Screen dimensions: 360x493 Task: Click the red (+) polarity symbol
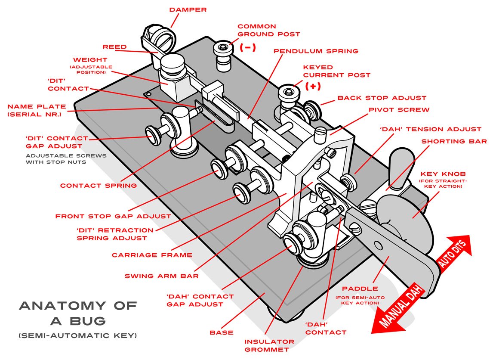pos(313,86)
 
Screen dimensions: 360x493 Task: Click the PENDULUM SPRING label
pos(316,51)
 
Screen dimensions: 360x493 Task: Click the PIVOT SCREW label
pos(399,110)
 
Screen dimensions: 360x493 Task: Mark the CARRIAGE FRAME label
pos(152,255)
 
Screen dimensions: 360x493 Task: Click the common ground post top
pos(224,46)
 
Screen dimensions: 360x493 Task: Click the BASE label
pos(222,332)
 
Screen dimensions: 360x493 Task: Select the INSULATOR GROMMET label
pos(270,345)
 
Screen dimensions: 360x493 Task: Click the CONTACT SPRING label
pos(99,186)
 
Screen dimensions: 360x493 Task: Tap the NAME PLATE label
pos(37,110)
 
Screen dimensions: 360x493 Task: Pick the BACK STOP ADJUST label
pos(382,98)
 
